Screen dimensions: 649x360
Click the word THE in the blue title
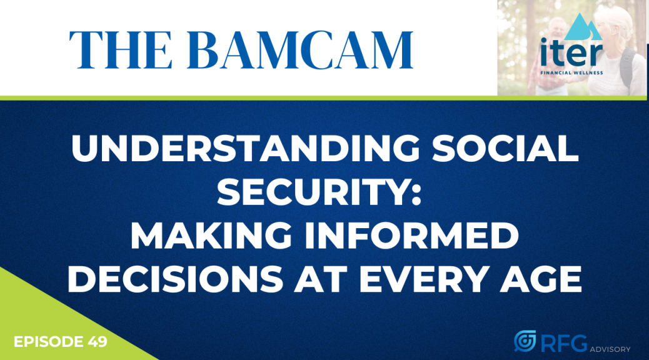121,50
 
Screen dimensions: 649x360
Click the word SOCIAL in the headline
505,149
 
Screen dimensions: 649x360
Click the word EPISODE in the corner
48,342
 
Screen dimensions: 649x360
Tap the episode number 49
98,342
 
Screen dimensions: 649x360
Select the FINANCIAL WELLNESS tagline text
571,73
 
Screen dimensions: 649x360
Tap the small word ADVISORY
610,349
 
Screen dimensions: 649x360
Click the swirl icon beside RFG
525,341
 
